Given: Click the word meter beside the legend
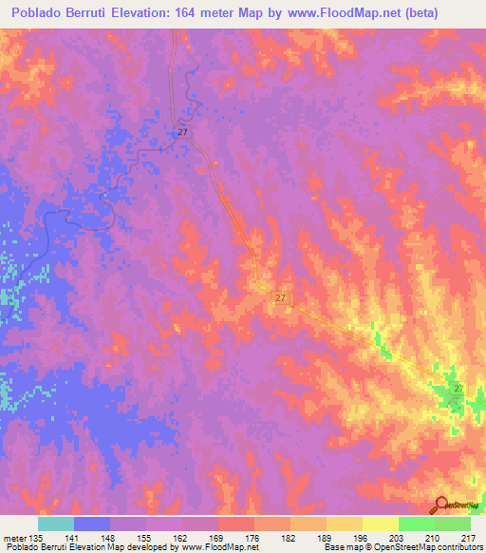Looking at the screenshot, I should pos(14,536).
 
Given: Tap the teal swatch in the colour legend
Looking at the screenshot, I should pos(56,524).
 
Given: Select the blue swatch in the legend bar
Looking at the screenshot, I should pos(92,524).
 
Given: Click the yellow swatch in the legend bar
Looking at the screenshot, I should pos(380,524).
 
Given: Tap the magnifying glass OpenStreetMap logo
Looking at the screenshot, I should pos(441,504).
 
